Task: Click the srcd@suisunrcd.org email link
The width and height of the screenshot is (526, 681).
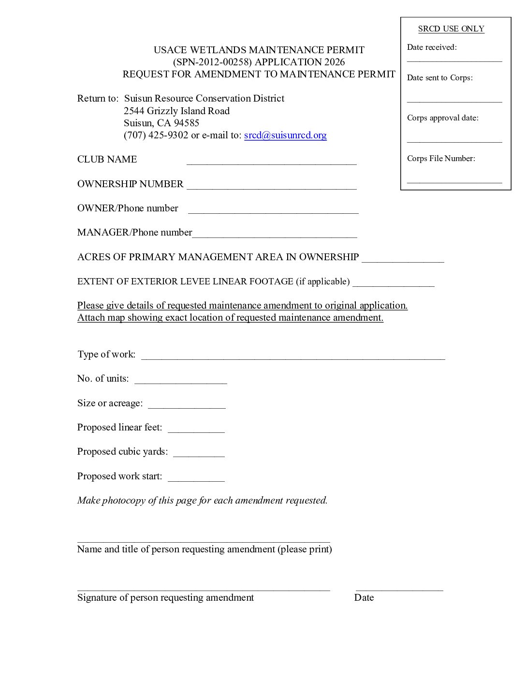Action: click(x=285, y=135)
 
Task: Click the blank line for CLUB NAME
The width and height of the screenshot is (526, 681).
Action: click(x=271, y=162)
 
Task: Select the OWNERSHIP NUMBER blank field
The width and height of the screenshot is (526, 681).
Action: click(x=271, y=186)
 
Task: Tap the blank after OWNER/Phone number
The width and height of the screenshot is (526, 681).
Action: click(x=273, y=210)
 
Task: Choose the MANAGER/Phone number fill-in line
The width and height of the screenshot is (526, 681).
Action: click(x=275, y=235)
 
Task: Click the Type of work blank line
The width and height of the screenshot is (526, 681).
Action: click(x=292, y=356)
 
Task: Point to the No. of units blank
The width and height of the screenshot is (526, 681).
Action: click(x=180, y=381)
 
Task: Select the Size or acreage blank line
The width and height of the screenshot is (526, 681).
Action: click(x=187, y=405)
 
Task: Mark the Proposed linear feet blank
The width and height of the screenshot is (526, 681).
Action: click(x=196, y=429)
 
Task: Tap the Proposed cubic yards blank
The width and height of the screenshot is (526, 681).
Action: click(x=199, y=454)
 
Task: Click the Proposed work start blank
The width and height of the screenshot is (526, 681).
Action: click(x=196, y=478)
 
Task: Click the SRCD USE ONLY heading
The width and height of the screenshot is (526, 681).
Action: click(x=451, y=29)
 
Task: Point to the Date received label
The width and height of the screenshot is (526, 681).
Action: click(x=432, y=47)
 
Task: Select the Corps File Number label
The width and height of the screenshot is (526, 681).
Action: click(x=441, y=159)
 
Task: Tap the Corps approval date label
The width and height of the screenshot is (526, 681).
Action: click(x=443, y=118)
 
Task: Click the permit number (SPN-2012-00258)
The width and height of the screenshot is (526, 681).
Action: click(x=212, y=62)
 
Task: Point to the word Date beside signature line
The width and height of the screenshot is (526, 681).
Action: click(x=364, y=598)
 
